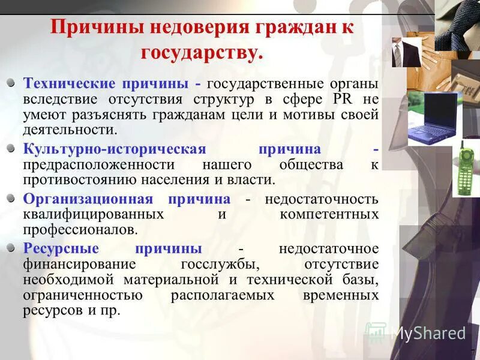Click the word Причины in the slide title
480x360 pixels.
[x=87, y=28]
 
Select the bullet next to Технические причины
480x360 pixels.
[x=11, y=83]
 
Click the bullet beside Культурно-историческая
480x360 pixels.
[x=11, y=149]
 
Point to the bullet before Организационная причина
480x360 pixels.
[x=11, y=199]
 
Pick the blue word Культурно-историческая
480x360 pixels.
[x=114, y=149]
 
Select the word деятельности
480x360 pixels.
[x=70, y=130]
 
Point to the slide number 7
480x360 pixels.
[x=472, y=352]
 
